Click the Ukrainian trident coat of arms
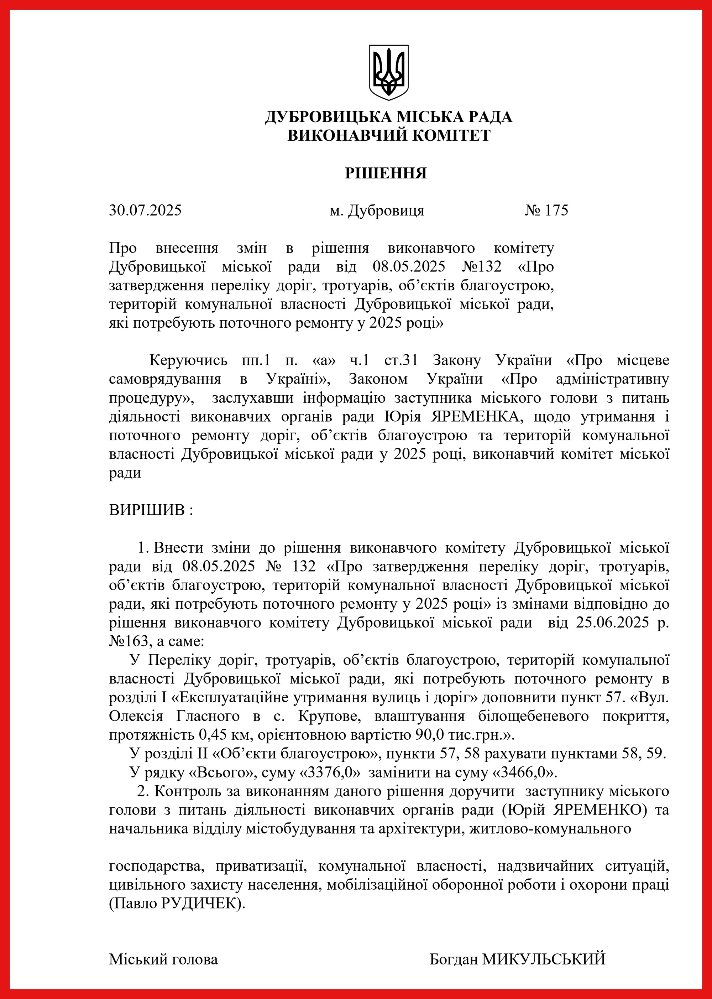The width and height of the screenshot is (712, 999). tap(388, 72)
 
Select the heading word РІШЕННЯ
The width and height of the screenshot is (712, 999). tap(386, 173)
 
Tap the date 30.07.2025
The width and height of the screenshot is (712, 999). tap(145, 210)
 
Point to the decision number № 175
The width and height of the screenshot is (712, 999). tap(546, 210)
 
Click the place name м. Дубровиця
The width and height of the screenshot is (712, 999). tap(377, 211)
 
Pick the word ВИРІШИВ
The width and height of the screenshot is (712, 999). tap(147, 510)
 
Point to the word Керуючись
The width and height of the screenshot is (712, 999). tap(189, 361)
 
